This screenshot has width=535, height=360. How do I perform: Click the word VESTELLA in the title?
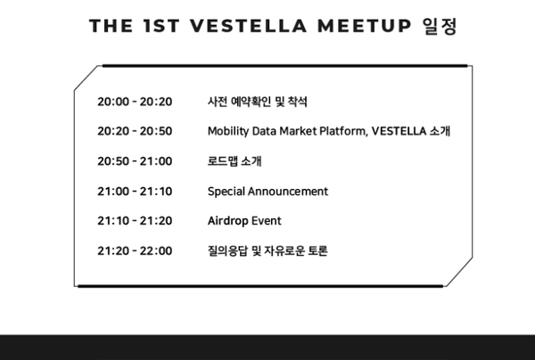(x=249, y=26)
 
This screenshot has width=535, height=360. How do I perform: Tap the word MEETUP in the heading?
(x=365, y=26)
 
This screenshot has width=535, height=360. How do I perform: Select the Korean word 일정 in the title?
(x=440, y=26)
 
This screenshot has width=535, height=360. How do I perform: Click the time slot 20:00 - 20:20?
(x=135, y=102)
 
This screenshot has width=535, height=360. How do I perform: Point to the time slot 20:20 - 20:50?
(x=135, y=131)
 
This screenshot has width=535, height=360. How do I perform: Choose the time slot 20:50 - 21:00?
(x=135, y=161)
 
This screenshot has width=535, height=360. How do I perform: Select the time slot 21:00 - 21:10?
(x=135, y=192)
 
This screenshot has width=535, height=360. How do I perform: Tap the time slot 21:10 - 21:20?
(x=135, y=221)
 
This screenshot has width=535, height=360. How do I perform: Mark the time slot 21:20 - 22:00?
(x=135, y=251)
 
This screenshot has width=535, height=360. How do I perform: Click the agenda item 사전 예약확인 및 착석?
(x=258, y=102)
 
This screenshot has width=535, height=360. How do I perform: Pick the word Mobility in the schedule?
(x=228, y=132)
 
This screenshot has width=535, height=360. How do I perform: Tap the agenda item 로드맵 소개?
(x=235, y=161)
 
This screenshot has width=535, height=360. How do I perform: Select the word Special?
(x=226, y=192)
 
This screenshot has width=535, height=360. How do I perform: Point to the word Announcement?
(x=288, y=192)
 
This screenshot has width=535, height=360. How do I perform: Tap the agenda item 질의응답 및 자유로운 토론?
(x=267, y=251)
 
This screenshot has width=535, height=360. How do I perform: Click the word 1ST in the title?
(x=161, y=26)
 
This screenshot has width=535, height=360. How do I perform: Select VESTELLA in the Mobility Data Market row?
(x=399, y=131)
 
